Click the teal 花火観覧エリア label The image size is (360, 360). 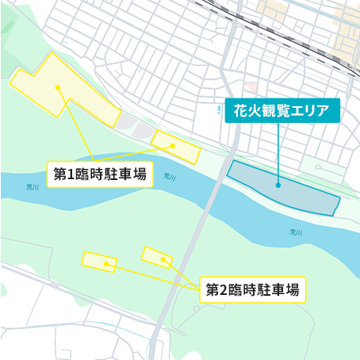click(x=282, y=111)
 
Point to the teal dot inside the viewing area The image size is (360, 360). click(x=278, y=186)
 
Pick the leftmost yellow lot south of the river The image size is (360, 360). click(x=99, y=261)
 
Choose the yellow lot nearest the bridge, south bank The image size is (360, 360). click(x=156, y=256)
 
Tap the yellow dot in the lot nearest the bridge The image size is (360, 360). click(x=163, y=259)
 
